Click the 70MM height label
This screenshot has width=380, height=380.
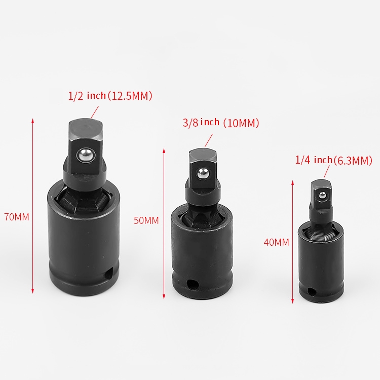[x=17, y=217]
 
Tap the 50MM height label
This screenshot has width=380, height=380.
[x=146, y=220]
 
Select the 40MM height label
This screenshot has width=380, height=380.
[x=276, y=242]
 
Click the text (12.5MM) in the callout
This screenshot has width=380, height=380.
[x=130, y=96]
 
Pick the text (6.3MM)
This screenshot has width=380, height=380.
[x=353, y=161]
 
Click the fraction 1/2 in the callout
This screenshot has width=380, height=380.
[x=75, y=96]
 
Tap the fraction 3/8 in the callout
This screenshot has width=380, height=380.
[x=191, y=123]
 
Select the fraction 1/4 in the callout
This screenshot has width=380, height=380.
[x=302, y=160]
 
